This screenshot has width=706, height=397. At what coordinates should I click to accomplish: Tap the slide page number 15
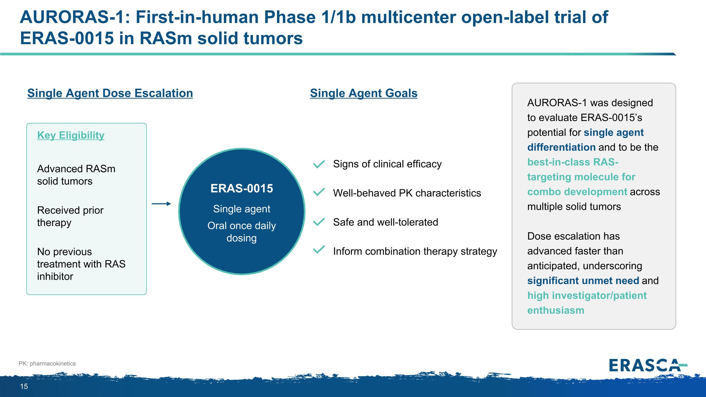[24, 386]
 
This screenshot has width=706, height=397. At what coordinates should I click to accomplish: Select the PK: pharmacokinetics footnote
[47, 363]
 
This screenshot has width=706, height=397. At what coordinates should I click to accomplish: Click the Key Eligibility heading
[71, 135]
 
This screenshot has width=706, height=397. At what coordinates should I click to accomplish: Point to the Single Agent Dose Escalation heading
[110, 93]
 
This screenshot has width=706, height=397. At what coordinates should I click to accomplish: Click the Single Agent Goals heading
[363, 93]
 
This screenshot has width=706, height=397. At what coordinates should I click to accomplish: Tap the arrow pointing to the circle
[161, 204]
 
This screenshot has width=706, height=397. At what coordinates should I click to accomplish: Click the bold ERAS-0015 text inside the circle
[241, 188]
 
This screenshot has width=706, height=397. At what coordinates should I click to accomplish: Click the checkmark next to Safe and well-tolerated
[319, 222]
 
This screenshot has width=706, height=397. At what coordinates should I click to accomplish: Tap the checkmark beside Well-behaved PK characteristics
[319, 192]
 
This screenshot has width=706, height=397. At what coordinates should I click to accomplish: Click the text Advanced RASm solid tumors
[76, 175]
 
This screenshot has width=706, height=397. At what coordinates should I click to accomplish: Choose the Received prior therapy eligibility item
[70, 216]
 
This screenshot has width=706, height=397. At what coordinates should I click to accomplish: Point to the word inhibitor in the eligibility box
[55, 277]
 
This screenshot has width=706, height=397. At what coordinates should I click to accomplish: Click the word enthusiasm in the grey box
[556, 310]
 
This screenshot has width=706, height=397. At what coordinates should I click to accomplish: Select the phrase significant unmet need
[583, 281]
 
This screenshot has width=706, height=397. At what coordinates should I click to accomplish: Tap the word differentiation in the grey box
[561, 147]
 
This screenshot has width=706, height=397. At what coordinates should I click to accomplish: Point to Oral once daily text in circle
[241, 226]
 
